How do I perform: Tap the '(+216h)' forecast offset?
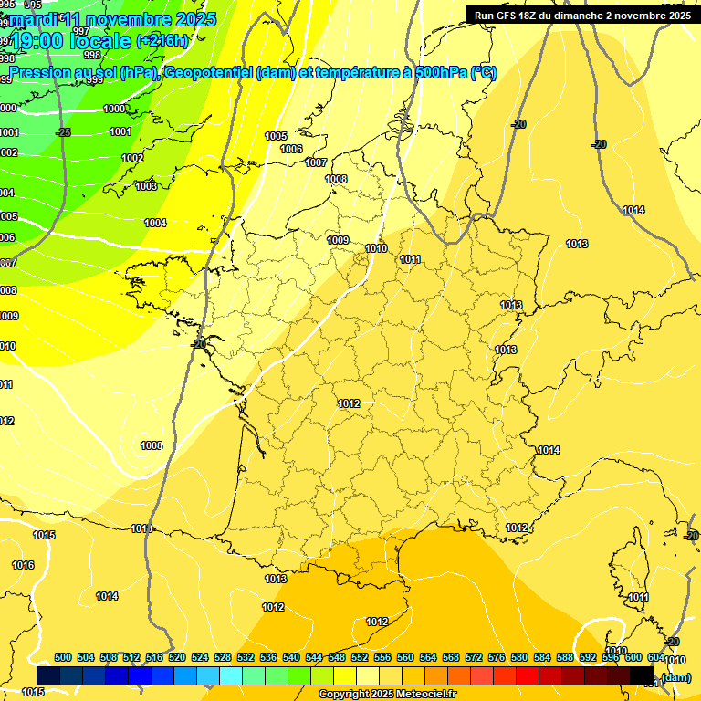pyautogui.click(x=162, y=41)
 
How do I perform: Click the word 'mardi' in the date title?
pyautogui.click(x=34, y=17)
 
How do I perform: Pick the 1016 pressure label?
pyautogui.click(x=23, y=565)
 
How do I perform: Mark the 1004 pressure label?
pyautogui.click(x=155, y=223)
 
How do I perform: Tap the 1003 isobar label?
pyautogui.click(x=145, y=186)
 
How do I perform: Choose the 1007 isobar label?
pyautogui.click(x=316, y=162)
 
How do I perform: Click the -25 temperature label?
pyautogui.click(x=63, y=132)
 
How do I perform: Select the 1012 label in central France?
pyautogui.click(x=349, y=403)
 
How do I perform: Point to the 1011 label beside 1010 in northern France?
pyautogui.click(x=410, y=259)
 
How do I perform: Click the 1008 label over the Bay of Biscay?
pyautogui.click(x=152, y=445)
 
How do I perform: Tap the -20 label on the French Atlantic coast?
pyautogui.click(x=198, y=344)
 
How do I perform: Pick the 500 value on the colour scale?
pyautogui.click(x=63, y=657)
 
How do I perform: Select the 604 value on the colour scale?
pyautogui.click(x=656, y=657)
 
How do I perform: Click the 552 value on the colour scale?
pyautogui.click(x=360, y=657)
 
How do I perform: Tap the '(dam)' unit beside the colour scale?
pyautogui.click(x=676, y=676)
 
